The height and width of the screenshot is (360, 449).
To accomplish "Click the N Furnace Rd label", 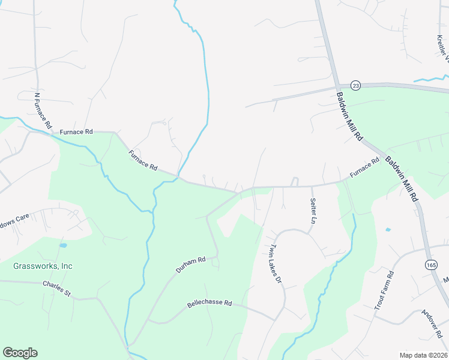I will pyautogui.click(x=46, y=107).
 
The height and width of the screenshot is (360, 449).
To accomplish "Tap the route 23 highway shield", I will pyautogui.click(x=355, y=85).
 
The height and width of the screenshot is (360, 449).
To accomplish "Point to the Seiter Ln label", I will pyautogui.click(x=313, y=211).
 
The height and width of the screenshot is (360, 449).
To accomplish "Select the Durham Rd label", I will pyautogui.click(x=191, y=265).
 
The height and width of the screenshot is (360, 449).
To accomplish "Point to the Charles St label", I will pyautogui.click(x=56, y=289).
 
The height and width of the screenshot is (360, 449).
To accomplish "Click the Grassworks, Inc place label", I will pyautogui.click(x=43, y=266).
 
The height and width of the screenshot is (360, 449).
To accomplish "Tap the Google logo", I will pyautogui.click(x=20, y=353).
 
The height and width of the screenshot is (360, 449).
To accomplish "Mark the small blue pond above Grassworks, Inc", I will pyautogui.click(x=63, y=245).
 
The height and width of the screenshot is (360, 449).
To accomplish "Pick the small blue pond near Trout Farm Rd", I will pyautogui.click(x=388, y=230).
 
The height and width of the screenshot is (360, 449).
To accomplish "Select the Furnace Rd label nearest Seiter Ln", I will pyautogui.click(x=365, y=167).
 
